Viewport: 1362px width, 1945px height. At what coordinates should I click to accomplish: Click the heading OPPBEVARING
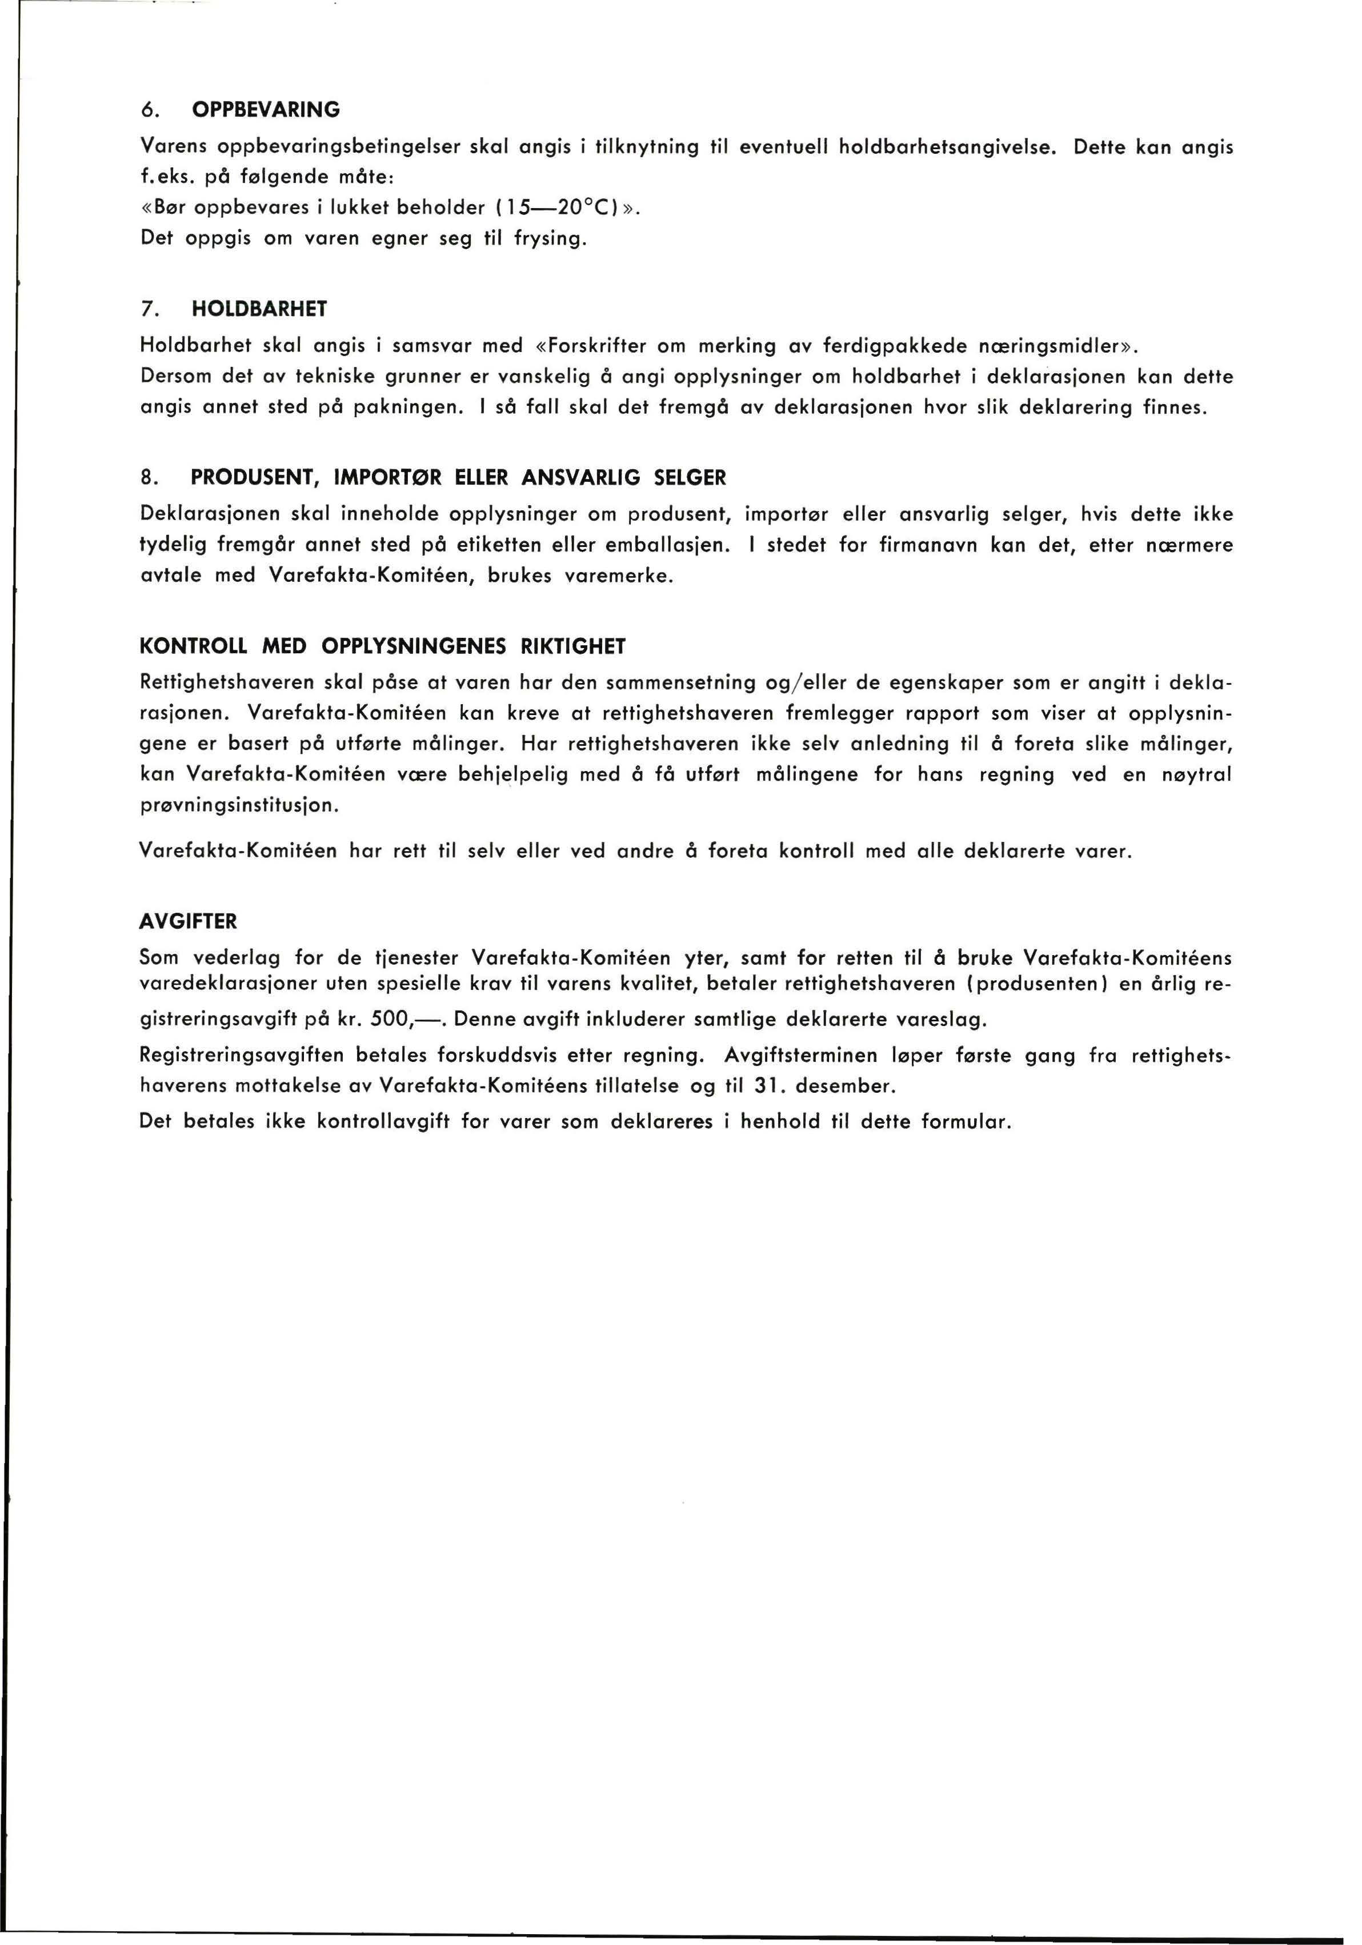point(266,109)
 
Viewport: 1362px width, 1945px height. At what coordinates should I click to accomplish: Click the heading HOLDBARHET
point(259,309)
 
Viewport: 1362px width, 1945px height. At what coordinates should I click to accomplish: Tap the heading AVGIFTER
point(188,921)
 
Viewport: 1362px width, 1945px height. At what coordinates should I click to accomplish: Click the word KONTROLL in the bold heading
point(193,647)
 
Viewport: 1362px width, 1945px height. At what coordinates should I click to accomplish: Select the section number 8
point(147,478)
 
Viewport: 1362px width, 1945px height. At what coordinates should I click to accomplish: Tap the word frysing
point(550,239)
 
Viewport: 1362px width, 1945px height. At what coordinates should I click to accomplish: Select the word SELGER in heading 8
point(690,478)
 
